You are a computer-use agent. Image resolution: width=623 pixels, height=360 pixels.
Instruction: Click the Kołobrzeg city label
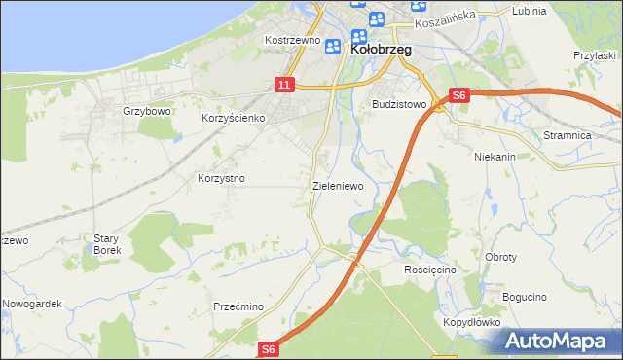click(x=381, y=48)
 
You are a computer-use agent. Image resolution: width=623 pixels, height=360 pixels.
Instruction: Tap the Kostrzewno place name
click(x=293, y=41)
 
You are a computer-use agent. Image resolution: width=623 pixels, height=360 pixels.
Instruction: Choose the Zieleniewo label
click(x=338, y=185)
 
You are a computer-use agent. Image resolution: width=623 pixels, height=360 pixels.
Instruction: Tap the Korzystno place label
click(x=221, y=179)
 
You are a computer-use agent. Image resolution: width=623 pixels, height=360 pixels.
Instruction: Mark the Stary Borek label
click(x=106, y=244)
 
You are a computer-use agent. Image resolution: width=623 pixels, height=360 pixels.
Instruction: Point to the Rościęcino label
click(x=430, y=269)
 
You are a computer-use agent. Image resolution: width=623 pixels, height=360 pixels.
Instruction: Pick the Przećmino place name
click(x=239, y=306)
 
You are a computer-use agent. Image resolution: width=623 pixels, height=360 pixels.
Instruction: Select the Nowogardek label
click(x=32, y=304)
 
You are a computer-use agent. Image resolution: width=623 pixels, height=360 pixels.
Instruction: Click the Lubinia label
click(x=529, y=11)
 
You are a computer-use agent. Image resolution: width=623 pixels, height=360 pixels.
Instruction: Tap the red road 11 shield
click(x=283, y=86)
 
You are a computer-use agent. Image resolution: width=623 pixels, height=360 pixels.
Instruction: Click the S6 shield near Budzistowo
click(x=459, y=95)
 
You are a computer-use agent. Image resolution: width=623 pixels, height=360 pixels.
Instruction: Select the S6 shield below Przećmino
click(x=270, y=349)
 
